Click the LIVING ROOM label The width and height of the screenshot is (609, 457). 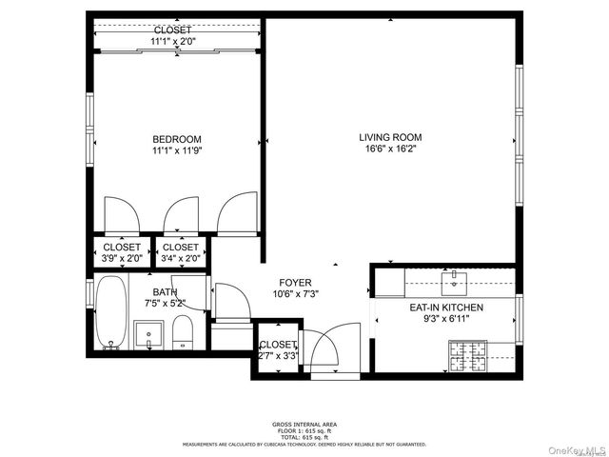click(390, 136)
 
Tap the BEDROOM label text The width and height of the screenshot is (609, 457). click(176, 139)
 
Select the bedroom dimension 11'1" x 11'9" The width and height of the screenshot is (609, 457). click(176, 150)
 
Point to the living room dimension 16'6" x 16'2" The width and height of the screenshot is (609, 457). click(390, 149)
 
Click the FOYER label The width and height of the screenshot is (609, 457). click(295, 282)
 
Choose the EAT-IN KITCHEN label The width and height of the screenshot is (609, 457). click(446, 308)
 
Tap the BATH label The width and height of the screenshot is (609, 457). click(165, 292)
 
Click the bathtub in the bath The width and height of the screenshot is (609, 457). click(110, 314)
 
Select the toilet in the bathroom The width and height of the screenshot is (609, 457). click(184, 332)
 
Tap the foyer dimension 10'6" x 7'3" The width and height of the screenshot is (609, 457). click(295, 294)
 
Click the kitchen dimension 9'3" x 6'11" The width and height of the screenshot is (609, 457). click(446, 320)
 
